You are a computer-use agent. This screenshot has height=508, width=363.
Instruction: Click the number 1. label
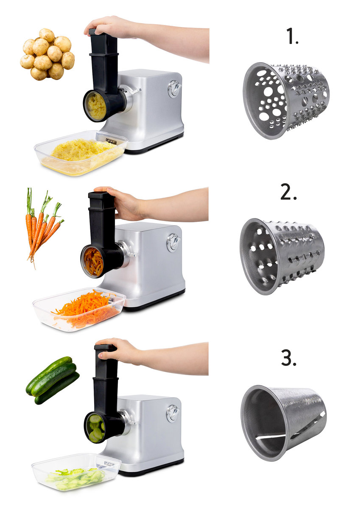[292, 36]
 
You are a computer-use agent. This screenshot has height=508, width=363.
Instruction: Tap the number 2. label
[288, 192]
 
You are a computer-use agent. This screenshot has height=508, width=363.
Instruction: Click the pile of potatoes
[47, 54]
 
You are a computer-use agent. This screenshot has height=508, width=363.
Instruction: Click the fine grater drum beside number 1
[286, 100]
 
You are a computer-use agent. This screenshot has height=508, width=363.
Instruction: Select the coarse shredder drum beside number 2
[282, 256]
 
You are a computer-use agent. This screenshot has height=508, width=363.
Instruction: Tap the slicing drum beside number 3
[284, 422]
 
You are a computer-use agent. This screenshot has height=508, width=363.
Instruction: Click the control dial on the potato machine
[174, 88]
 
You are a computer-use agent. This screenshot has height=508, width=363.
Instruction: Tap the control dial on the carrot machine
[173, 243]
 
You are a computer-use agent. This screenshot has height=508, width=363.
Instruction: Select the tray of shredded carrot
[79, 309]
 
